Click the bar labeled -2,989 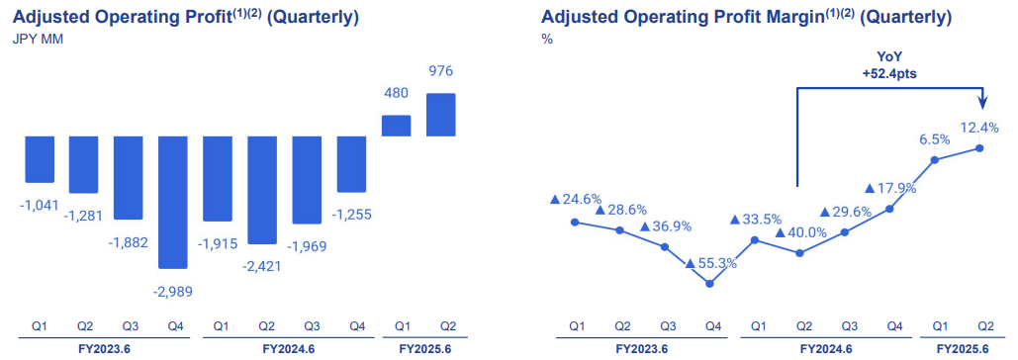[x=173, y=202]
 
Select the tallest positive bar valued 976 [x=440, y=115]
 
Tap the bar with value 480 [x=396, y=126]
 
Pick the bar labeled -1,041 [x=40, y=159]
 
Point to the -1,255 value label [x=351, y=214]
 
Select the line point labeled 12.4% [x=979, y=148]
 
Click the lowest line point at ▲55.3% [x=710, y=284]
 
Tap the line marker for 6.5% [x=935, y=159]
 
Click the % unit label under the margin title [x=547, y=40]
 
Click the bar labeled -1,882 [x=129, y=178]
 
